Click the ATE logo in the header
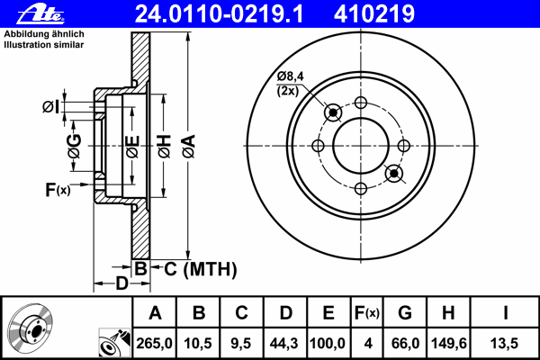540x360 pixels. click(x=40, y=14)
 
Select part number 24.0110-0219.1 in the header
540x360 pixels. click(x=220, y=13)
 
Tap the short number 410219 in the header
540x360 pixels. click(x=374, y=13)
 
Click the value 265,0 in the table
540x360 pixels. click(x=154, y=344)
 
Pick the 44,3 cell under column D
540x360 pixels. click(x=284, y=344)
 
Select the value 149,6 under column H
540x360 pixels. click(x=449, y=344)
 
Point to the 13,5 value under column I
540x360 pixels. click(x=504, y=344)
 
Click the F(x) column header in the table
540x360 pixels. click(x=367, y=313)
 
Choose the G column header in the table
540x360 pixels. click(x=405, y=313)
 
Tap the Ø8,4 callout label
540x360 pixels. click(x=291, y=76)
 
